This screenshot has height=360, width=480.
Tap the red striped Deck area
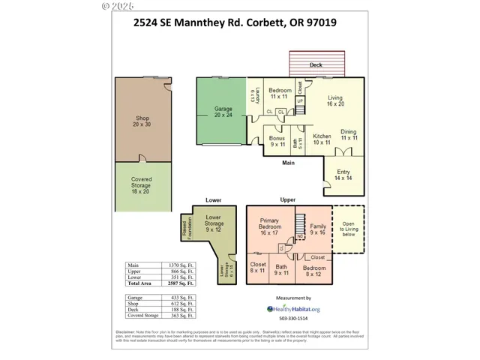pos(316,63)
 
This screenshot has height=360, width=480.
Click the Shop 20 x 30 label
pos(142,121)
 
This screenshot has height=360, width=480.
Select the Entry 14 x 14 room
pos(343,175)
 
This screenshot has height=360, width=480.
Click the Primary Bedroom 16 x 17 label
pos(269,227)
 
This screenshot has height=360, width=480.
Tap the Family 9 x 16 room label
pos(318,229)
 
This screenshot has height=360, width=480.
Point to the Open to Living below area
pos(349,228)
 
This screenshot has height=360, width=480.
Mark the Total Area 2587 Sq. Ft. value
pos(180,284)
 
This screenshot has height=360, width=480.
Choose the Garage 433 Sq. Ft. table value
pos(180,298)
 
